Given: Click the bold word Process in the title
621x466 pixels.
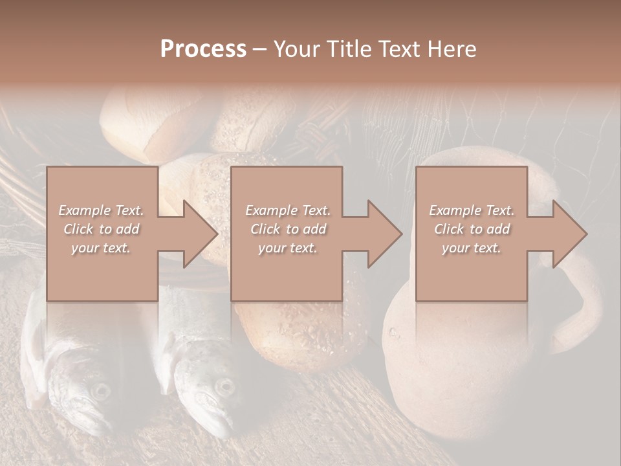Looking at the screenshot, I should [203, 49].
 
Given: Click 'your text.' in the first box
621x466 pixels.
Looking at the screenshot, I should [101, 248].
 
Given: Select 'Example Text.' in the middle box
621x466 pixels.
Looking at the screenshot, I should [288, 210].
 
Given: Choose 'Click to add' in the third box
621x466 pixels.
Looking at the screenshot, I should [472, 229].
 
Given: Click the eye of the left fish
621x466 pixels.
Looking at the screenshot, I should [100, 390].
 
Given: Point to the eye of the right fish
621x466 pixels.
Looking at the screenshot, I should [224, 386].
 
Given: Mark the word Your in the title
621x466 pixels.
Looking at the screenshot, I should [296, 49].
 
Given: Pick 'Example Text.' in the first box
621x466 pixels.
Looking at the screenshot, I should [101, 210].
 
